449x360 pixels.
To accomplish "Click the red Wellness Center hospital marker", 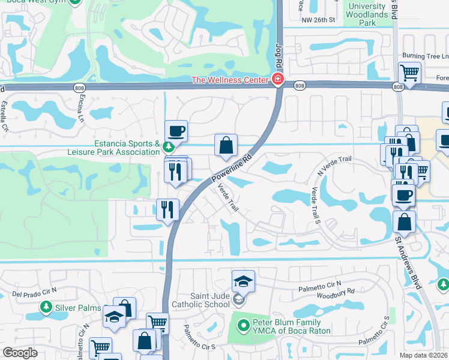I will click(277, 79).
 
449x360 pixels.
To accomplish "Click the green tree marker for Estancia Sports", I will click(169, 145).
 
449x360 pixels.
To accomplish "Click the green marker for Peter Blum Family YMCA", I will click(243, 326).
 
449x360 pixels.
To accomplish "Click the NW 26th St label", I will click(318, 19).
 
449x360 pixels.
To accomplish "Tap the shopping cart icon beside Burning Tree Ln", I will click(409, 74).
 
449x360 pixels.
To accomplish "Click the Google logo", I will click(20, 352).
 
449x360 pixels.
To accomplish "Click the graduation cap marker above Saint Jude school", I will click(243, 281).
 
